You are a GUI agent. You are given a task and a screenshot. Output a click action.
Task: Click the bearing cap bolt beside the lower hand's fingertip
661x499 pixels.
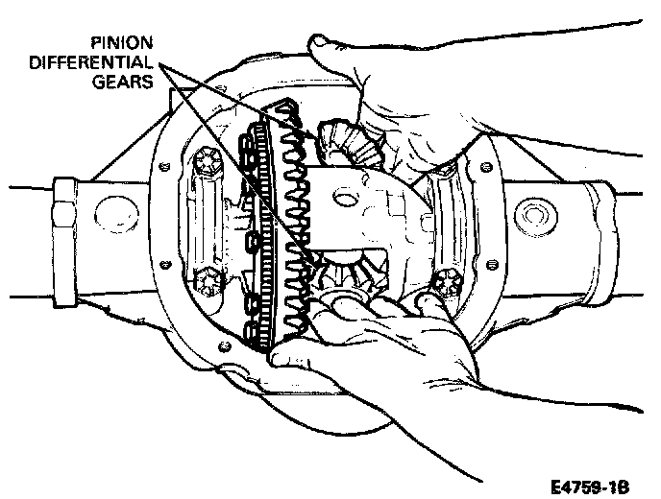pos(444,282)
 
